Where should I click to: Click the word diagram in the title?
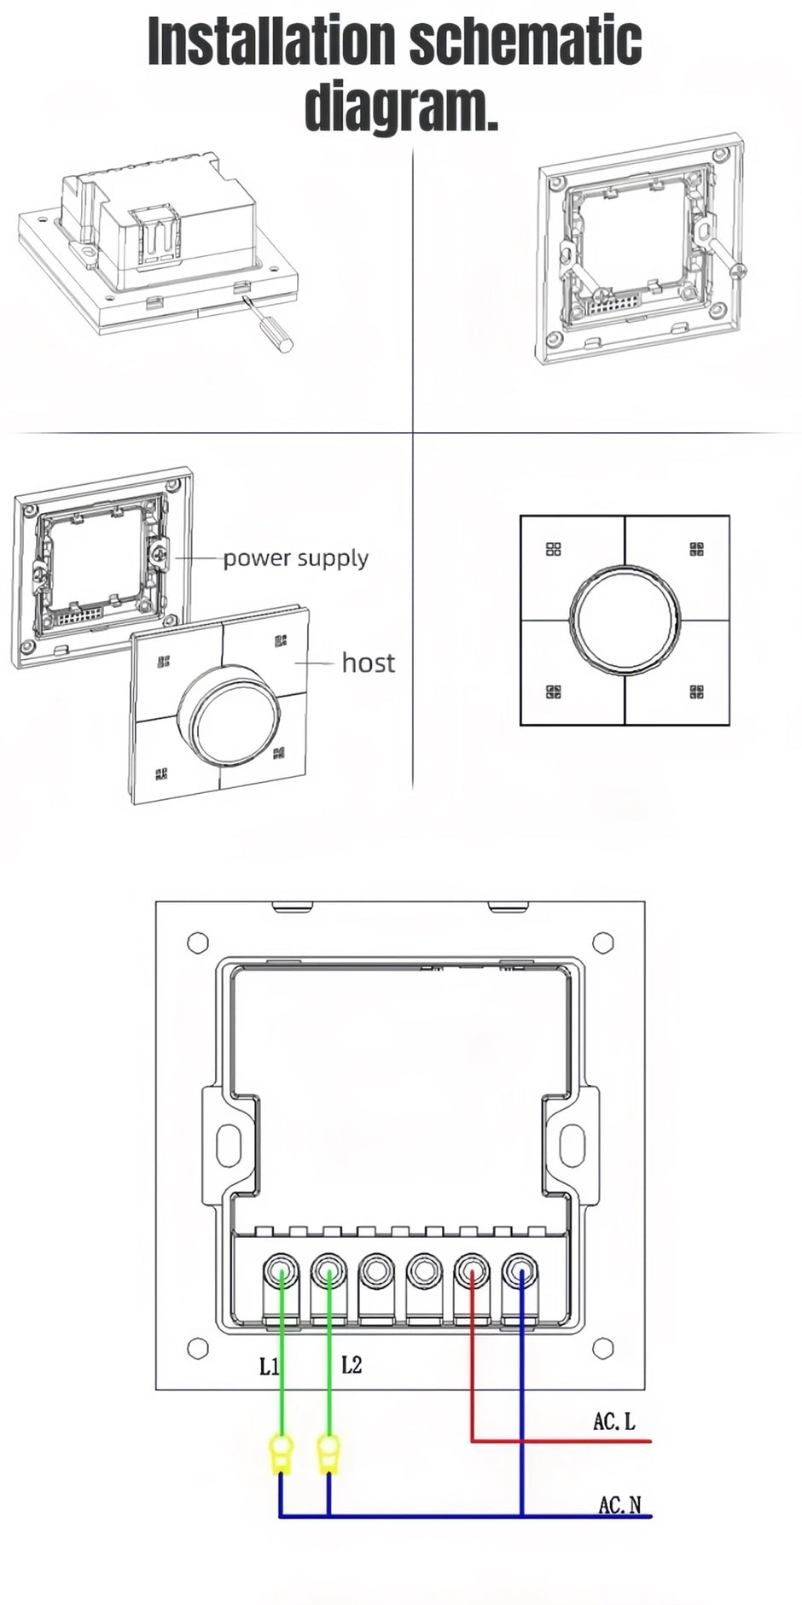(x=401, y=106)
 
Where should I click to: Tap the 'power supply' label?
(x=295, y=558)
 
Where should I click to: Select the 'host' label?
(x=368, y=663)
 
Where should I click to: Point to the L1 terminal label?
(x=268, y=1367)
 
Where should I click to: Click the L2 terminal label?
(x=352, y=1365)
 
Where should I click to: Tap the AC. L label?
(x=614, y=1421)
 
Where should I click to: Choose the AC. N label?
(x=619, y=1505)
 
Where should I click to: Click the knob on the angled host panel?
(x=230, y=715)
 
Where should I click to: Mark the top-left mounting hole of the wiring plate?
(x=198, y=943)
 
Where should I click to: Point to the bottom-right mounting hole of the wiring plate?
(x=603, y=1349)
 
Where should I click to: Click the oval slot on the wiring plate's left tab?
(x=228, y=1145)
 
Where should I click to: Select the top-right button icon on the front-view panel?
(x=697, y=549)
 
